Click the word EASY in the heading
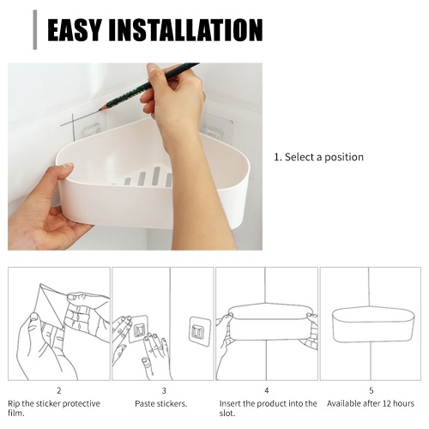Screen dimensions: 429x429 (x=75, y=30)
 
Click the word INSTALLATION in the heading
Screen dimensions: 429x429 (x=185, y=30)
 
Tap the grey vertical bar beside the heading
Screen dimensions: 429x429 (x=35, y=30)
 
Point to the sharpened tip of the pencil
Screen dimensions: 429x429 (x=100, y=110)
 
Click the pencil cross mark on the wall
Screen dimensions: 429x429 (x=73, y=122)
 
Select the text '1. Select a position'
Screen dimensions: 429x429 (x=318, y=157)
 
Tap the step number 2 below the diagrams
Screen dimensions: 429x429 (x=59, y=390)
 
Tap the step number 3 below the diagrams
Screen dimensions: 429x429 (x=164, y=390)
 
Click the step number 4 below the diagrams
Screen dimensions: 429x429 (x=267, y=390)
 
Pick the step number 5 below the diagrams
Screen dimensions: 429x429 (x=371, y=390)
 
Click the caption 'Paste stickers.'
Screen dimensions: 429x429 (x=161, y=404)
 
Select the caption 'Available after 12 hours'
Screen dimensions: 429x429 (x=371, y=403)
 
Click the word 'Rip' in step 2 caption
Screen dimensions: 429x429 (x=14, y=404)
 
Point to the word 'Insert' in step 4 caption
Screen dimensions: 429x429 (x=230, y=403)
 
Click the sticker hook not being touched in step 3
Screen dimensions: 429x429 (x=200, y=331)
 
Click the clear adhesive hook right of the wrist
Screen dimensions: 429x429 (x=216, y=126)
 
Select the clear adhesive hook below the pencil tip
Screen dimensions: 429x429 (x=92, y=130)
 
